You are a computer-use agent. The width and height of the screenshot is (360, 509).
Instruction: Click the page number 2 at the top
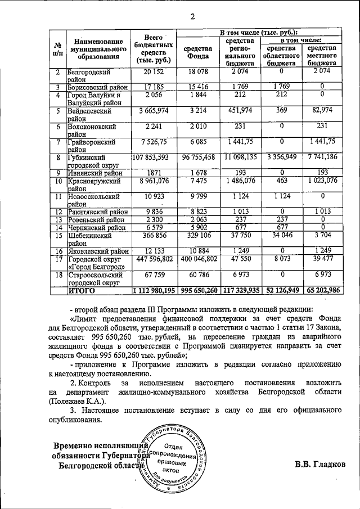(192, 16)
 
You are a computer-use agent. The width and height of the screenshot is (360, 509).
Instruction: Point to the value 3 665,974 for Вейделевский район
(153, 111)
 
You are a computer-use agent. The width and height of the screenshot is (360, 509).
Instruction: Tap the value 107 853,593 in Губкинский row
(153, 158)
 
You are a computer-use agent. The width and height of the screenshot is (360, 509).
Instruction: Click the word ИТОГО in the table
(82, 291)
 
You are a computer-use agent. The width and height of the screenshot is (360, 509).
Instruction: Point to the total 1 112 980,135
(153, 291)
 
